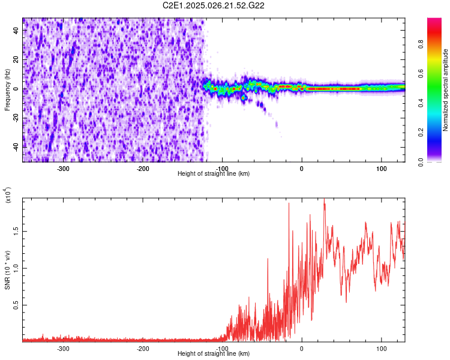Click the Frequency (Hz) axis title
(7, 89)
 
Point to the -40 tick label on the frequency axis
(16, 147)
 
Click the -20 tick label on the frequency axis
(16, 118)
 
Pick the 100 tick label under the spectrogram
(381, 168)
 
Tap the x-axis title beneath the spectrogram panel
(214, 174)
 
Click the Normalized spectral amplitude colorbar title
(446, 90)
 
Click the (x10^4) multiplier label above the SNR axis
(8, 195)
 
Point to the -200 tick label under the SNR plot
(143, 348)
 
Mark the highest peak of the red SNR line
(324, 200)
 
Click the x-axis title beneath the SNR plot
(214, 354)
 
